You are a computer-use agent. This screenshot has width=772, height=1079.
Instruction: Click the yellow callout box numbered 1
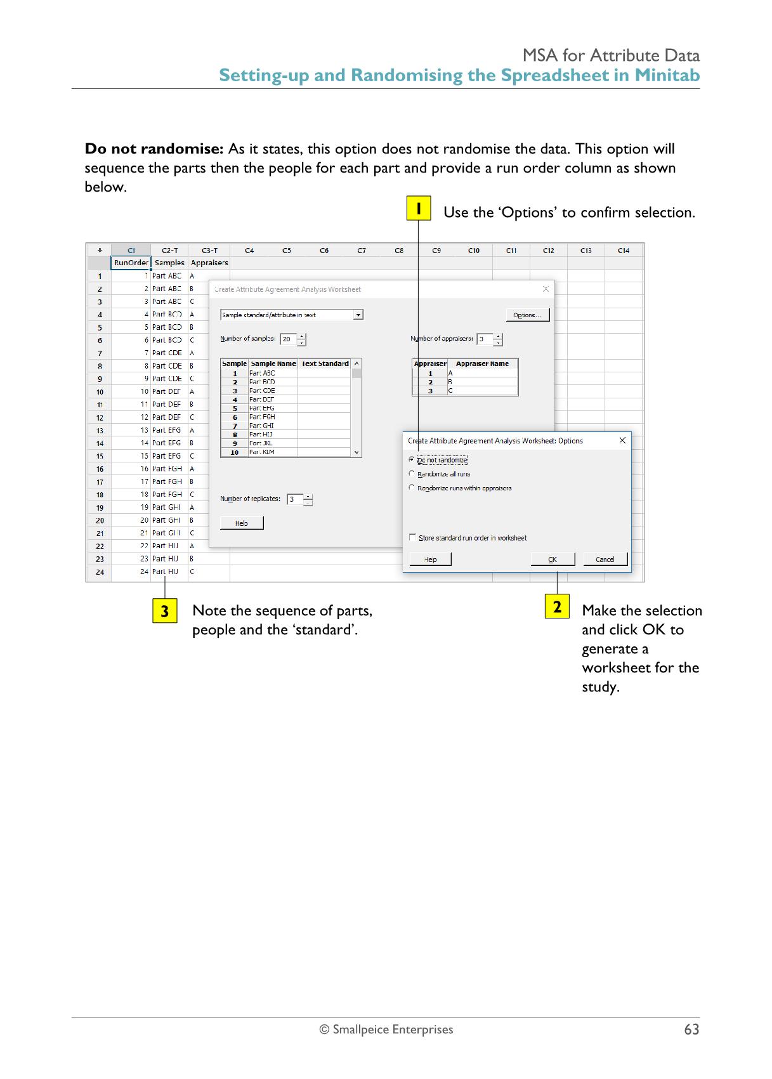[x=419, y=209]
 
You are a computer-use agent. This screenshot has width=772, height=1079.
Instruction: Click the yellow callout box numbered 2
[x=557, y=607]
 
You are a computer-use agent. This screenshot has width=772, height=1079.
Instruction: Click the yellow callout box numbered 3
[x=165, y=611]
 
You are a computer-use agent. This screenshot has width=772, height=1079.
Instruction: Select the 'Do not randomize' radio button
[x=412, y=459]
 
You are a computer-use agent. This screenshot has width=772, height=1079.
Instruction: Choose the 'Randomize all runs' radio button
[x=412, y=474]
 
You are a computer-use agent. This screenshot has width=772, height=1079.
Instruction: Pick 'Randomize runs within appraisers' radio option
[x=412, y=488]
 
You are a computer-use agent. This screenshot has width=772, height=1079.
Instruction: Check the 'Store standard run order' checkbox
[x=413, y=538]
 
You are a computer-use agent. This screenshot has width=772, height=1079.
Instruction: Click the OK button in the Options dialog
[x=553, y=559]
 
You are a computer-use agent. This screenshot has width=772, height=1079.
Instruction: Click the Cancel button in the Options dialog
[x=605, y=559]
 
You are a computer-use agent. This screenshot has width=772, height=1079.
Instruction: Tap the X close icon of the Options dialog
[x=622, y=440]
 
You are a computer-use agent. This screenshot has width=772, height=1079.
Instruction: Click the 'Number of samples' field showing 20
[x=288, y=339]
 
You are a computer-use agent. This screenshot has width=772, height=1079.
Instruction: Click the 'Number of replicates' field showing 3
[x=294, y=500]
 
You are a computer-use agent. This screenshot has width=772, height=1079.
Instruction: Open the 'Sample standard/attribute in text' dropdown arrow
[x=358, y=315]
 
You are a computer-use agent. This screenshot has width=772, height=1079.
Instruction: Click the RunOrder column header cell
[x=131, y=263]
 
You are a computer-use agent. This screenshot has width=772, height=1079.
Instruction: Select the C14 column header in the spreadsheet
[x=624, y=251]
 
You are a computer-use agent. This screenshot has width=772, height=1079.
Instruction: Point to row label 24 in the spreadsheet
[x=100, y=572]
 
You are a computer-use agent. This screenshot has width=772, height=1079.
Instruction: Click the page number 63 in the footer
[x=691, y=1030]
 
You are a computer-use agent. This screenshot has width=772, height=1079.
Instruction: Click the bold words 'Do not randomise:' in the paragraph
[x=154, y=149]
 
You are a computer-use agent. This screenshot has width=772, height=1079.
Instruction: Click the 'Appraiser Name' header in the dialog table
[x=482, y=364]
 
